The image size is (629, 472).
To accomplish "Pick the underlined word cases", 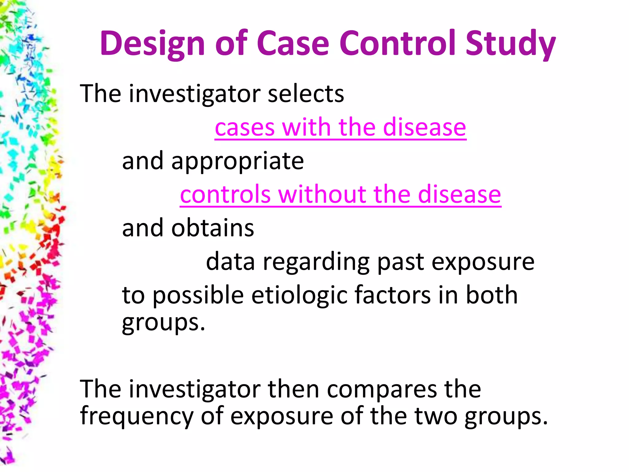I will click(244, 127).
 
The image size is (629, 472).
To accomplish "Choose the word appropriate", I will click(237, 161).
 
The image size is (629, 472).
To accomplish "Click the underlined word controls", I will click(225, 195).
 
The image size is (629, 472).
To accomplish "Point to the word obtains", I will click(213, 228).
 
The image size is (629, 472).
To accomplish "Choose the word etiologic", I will click(299, 295).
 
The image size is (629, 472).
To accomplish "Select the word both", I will click(492, 295).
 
